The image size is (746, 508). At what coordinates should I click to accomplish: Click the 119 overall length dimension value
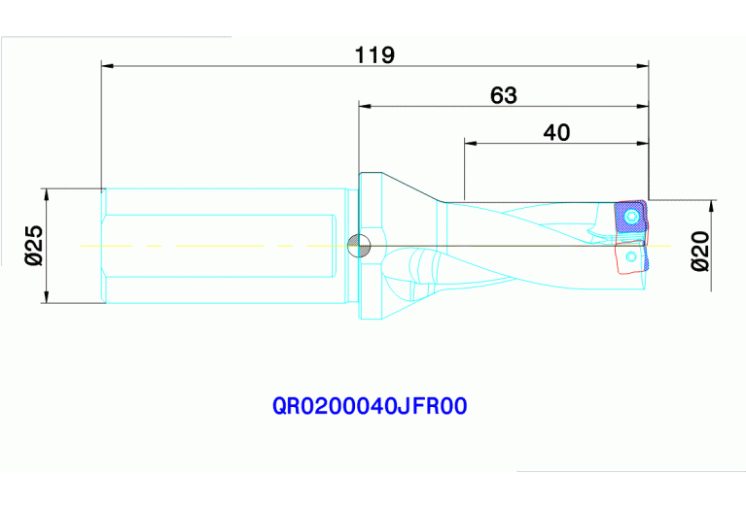pos(374,55)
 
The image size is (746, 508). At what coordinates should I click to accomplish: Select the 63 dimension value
pos(503,95)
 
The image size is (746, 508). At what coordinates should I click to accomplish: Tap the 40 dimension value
pos(556,133)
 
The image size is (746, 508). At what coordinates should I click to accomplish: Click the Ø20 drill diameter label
pos(698,251)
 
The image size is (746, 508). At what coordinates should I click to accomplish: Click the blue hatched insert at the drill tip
pos(629,217)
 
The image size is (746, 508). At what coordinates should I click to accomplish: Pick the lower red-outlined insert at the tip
pos(630,259)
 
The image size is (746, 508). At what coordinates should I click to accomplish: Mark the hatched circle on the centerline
pos(359,245)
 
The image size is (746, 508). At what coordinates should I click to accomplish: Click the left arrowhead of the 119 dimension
pos(107,66)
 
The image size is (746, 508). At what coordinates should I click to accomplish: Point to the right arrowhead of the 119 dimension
pos(643,66)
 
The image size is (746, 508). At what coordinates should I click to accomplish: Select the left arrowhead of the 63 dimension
pos(365,105)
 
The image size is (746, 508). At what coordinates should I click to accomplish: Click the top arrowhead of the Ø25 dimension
pos(46,193)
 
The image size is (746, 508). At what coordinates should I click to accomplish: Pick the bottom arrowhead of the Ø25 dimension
pos(46,297)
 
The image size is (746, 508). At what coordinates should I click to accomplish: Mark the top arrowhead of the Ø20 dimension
pos(713,205)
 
